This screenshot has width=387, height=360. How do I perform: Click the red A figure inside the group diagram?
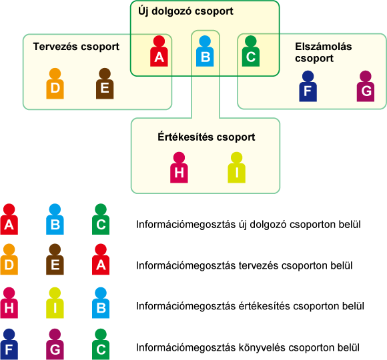159,51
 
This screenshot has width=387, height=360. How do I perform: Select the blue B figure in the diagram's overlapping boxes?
205,51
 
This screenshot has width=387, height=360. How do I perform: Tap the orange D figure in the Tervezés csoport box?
55,83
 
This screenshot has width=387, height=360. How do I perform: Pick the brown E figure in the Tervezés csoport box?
105,83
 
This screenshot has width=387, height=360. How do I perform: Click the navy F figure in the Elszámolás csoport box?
308,86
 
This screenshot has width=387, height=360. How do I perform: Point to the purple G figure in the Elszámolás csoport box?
366,86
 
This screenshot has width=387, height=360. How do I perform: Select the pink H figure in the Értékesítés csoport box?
179,167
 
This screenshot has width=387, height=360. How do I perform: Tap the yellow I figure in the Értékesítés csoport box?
236,167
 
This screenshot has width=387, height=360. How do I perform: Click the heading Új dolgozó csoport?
185,11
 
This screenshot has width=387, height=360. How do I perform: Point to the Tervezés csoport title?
76,47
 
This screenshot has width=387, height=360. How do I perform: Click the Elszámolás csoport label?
324,53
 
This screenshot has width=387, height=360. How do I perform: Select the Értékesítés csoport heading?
206,137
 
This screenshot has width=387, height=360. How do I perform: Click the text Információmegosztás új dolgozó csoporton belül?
248,225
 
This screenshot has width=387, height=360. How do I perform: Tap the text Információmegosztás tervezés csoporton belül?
244,265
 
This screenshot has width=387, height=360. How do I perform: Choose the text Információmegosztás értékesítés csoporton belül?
250,306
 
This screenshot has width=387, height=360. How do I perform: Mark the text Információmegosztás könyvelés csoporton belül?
248,348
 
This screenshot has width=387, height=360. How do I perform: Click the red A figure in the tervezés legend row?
101,259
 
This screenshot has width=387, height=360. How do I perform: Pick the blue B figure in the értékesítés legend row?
101,303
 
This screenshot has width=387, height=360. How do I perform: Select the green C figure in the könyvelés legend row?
101,344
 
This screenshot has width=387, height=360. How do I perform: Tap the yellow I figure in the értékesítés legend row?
55,303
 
